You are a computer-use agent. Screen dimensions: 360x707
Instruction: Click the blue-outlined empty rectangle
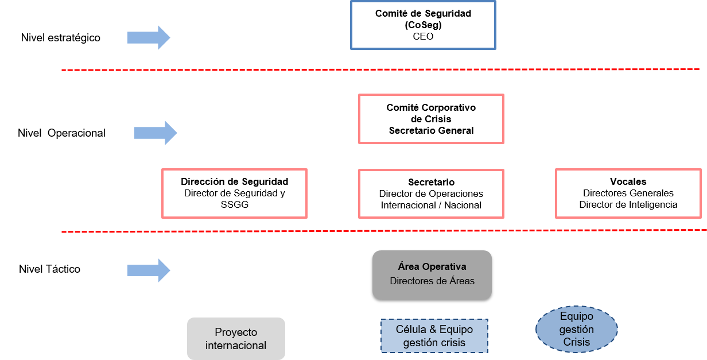(423, 25)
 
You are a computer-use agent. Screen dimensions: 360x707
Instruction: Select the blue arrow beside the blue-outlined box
(149, 38)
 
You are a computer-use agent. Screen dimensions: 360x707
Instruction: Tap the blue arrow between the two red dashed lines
(156, 133)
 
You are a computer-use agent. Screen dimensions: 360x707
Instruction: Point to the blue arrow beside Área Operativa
(149, 270)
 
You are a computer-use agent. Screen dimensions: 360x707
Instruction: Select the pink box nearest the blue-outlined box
(431, 119)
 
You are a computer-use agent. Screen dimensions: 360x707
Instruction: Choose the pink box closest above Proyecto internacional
(234, 193)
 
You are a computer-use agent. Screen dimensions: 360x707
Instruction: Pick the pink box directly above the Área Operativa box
(431, 193)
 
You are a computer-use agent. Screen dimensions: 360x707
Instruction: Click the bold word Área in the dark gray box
(409, 266)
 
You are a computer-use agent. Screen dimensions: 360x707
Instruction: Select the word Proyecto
(236, 332)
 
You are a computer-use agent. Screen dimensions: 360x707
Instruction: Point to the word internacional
(236, 346)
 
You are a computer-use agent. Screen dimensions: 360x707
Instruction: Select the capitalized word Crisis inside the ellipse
(576, 342)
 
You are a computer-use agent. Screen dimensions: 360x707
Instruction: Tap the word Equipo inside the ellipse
(576, 316)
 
